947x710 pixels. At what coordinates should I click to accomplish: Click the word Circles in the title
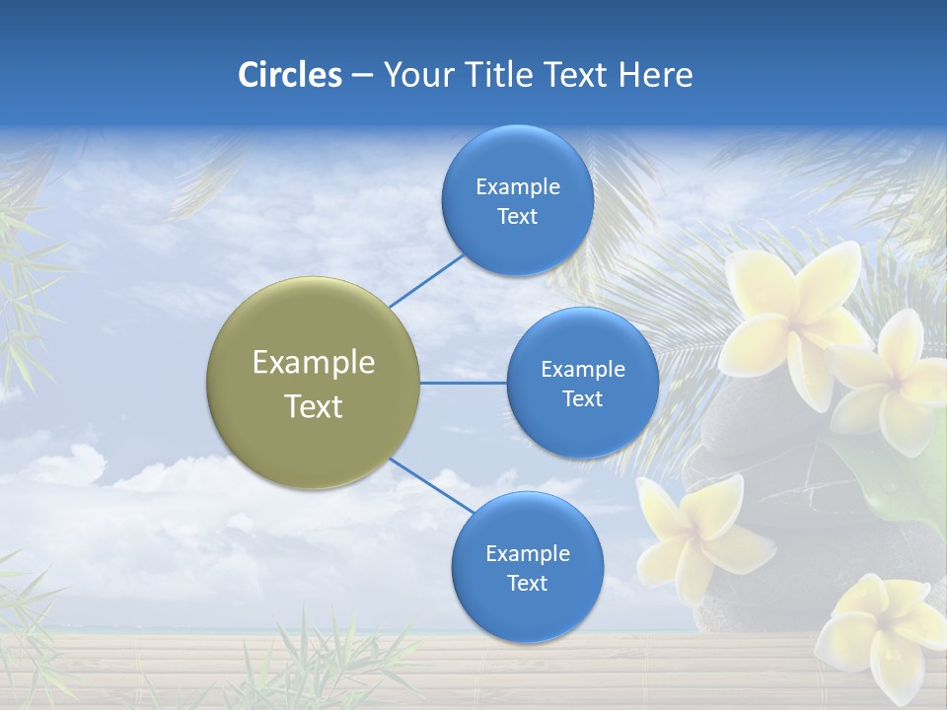[289, 75]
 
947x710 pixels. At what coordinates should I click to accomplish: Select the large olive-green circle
[314, 383]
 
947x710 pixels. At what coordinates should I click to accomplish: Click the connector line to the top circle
[427, 280]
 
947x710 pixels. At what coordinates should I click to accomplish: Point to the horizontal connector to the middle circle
[464, 383]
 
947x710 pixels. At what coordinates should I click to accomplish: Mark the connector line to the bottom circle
[432, 485]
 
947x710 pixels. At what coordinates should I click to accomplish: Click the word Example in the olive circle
[314, 363]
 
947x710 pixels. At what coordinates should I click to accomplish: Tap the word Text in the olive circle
[314, 406]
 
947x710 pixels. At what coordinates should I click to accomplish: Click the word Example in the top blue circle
[518, 187]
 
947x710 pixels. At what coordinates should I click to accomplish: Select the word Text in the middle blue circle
[583, 398]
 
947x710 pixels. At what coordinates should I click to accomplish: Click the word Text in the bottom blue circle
[528, 583]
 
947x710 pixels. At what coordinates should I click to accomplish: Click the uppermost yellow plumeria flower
[794, 311]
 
